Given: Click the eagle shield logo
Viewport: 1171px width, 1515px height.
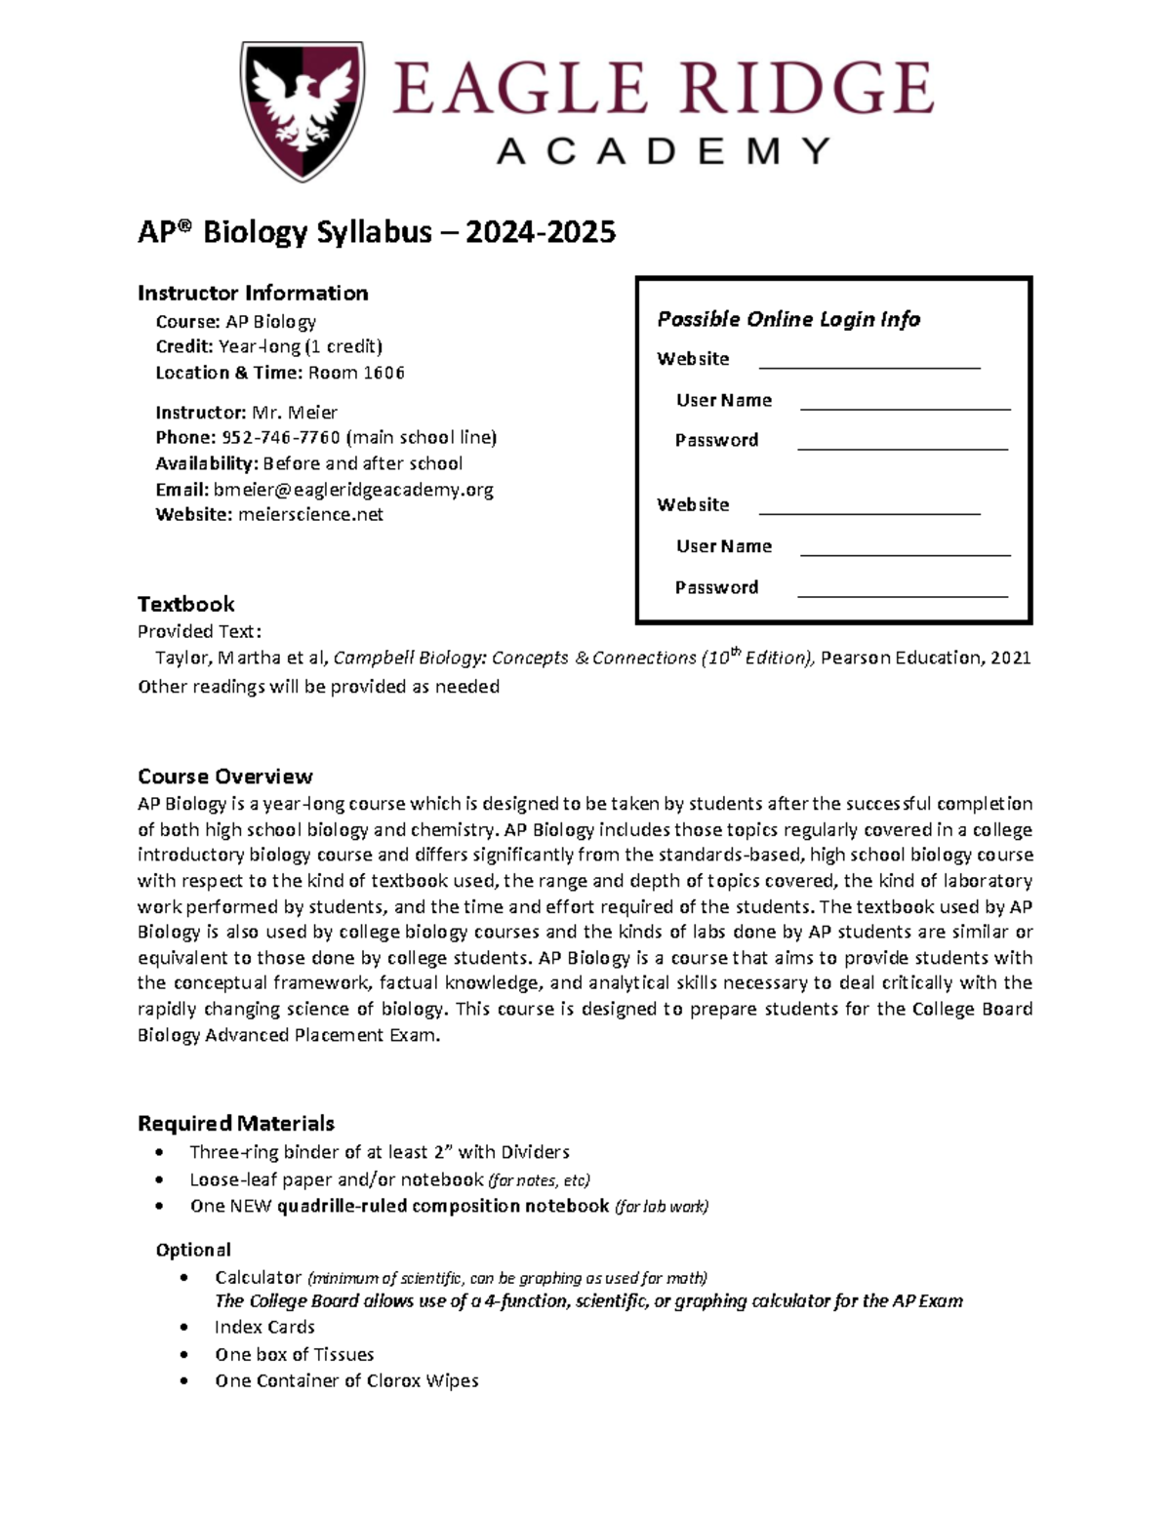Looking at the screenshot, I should click(x=303, y=109).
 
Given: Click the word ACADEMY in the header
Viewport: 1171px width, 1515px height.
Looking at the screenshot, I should click(x=664, y=151).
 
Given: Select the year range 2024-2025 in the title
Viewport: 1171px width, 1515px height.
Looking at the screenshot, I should click(x=541, y=232).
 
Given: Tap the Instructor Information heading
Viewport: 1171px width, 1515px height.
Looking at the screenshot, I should click(x=253, y=293).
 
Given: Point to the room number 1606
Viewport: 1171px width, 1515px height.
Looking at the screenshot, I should click(x=384, y=373).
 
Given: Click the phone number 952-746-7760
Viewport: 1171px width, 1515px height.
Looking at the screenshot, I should click(x=281, y=437).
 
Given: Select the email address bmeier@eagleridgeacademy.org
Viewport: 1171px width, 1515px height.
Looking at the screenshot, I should click(x=353, y=490).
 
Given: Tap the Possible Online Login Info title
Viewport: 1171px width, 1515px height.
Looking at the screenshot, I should click(x=788, y=319).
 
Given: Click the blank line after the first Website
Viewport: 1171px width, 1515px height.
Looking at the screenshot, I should click(x=869, y=366).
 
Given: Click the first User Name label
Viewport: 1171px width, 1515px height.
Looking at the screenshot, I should click(x=724, y=400).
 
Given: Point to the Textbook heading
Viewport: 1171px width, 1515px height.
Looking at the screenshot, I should click(x=186, y=604).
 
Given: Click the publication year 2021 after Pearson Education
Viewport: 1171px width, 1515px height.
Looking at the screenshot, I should click(x=1011, y=658).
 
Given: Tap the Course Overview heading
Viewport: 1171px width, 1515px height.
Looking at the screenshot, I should click(x=225, y=777).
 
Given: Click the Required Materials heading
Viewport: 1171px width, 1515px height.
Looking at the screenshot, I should click(x=236, y=1123).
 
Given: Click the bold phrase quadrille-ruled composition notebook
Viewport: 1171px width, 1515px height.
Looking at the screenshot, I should click(x=443, y=1206).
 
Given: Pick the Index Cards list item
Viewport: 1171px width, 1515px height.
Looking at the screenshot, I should click(x=264, y=1327).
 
